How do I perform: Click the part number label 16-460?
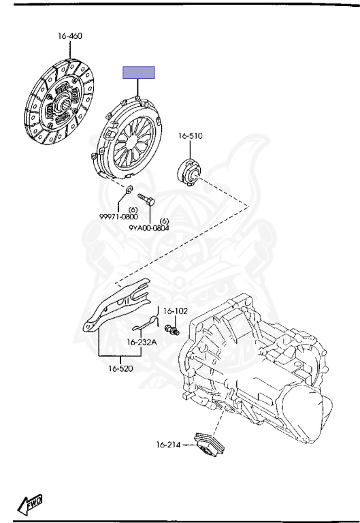[70, 35]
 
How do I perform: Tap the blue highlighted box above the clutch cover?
[139, 72]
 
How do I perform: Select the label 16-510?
[190, 136]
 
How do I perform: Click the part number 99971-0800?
[118, 217]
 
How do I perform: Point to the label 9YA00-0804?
[148, 228]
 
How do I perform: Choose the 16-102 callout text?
[176, 311]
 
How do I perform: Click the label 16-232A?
[142, 343]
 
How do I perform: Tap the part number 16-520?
[120, 368]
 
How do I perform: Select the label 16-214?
[168, 445]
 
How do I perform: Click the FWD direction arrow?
[30, 505]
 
